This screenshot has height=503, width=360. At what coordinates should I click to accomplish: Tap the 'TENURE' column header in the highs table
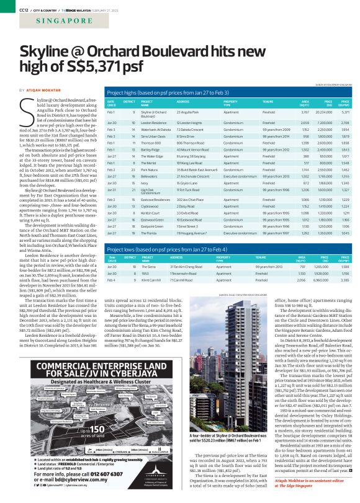click(x=268, y=102)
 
